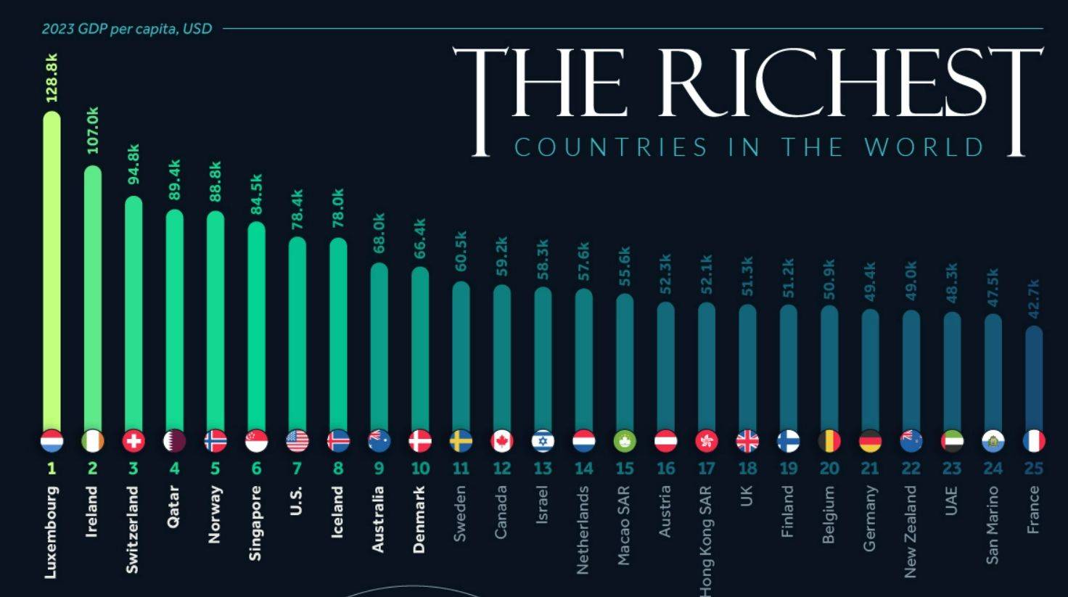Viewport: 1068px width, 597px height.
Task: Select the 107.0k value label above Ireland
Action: click(x=93, y=131)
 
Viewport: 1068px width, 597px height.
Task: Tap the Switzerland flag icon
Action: click(x=133, y=440)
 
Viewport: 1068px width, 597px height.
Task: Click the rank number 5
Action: click(x=215, y=469)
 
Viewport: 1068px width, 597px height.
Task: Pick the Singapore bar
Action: click(x=256, y=326)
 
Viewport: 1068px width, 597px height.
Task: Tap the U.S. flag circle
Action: click(x=297, y=440)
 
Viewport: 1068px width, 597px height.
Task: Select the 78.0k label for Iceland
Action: click(x=338, y=208)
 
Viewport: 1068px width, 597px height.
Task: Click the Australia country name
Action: click(x=379, y=519)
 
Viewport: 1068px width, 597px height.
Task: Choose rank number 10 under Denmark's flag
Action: click(x=420, y=469)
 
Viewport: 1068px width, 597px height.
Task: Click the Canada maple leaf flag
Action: click(x=501, y=440)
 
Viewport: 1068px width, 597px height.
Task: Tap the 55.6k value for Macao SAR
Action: click(x=625, y=265)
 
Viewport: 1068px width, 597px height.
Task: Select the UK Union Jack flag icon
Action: click(x=747, y=440)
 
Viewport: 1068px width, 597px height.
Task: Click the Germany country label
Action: click(x=870, y=519)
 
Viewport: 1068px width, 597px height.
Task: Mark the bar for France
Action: click(x=1034, y=377)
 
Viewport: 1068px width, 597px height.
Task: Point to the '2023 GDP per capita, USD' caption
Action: click(x=127, y=29)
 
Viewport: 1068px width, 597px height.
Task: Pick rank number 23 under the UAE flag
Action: click(x=952, y=469)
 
